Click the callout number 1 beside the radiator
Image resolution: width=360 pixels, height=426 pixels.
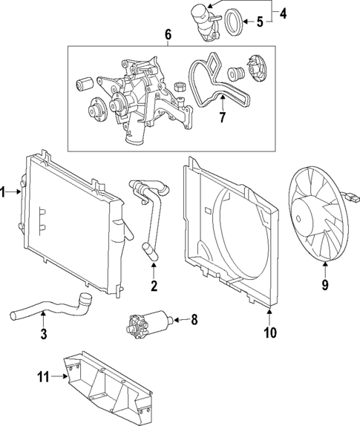click(4, 192)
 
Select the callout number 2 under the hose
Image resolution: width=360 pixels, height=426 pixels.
click(154, 286)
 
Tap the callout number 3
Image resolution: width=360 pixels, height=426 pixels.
click(44, 335)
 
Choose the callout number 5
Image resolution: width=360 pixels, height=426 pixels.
click(261, 22)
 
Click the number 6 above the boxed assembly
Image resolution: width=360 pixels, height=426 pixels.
click(168, 35)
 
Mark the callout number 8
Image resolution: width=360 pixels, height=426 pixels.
click(194, 321)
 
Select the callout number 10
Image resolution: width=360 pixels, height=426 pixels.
click(269, 332)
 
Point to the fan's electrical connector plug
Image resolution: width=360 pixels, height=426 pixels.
click(350, 198)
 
